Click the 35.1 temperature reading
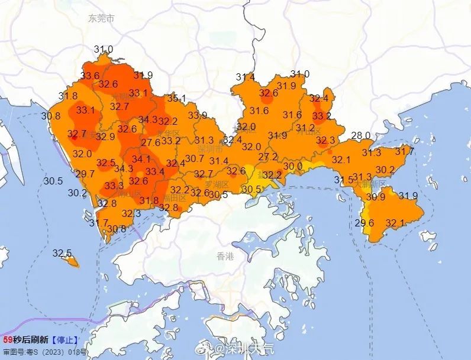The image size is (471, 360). (x=176, y=98)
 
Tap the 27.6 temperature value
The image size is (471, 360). (x=151, y=142)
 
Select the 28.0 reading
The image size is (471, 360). (x=360, y=136)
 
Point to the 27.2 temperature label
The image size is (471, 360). (x=268, y=157)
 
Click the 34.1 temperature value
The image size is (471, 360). (x=141, y=159)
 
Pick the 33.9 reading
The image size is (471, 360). (x=198, y=115)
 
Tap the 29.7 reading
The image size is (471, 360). (x=85, y=174)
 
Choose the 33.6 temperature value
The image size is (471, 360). (x=90, y=76)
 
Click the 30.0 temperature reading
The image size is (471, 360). (x=292, y=167)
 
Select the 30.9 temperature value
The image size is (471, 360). (x=376, y=197)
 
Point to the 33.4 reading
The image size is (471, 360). (x=154, y=172)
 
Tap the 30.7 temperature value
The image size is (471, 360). (x=195, y=158)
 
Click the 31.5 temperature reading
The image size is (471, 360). (x=343, y=180)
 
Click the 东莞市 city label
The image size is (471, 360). (x=101, y=18)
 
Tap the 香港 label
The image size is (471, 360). (x=225, y=256)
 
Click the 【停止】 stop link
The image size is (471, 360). (x=64, y=340)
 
